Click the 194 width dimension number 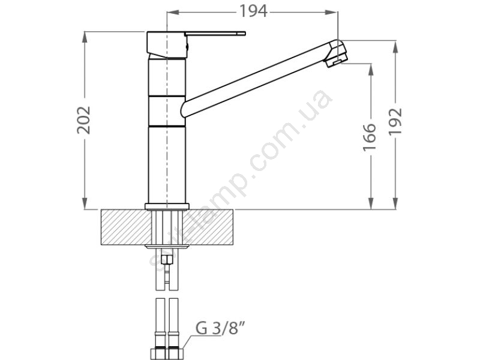point(253,11)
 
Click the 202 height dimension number point(83,120)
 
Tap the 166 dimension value point(370,137)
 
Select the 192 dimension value point(395,121)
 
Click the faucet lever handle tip point(244,34)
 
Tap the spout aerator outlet point(335,62)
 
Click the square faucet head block point(167,44)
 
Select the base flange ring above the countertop point(167,206)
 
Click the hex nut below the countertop point(167,260)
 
